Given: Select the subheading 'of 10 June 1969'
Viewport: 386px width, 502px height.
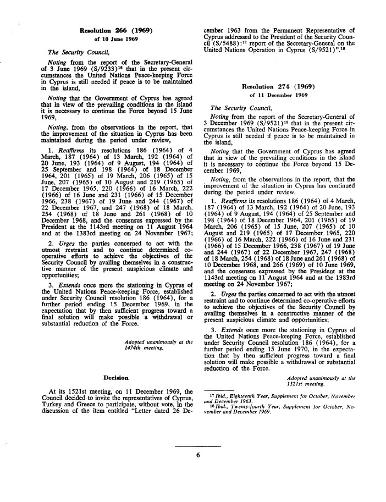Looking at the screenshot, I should click(x=115, y=39).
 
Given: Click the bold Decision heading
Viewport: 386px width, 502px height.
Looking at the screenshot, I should click(x=116, y=378).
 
